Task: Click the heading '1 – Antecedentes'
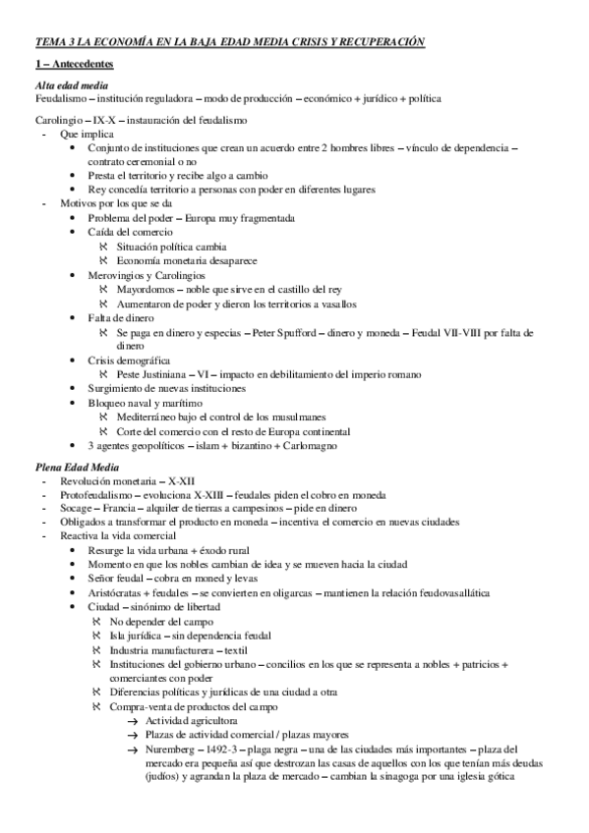pyautogui.click(x=74, y=65)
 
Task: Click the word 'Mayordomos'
pyautogui.click(x=145, y=291)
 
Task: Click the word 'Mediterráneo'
pyautogui.click(x=149, y=416)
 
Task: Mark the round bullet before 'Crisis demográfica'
pyautogui.click(x=78, y=361)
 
